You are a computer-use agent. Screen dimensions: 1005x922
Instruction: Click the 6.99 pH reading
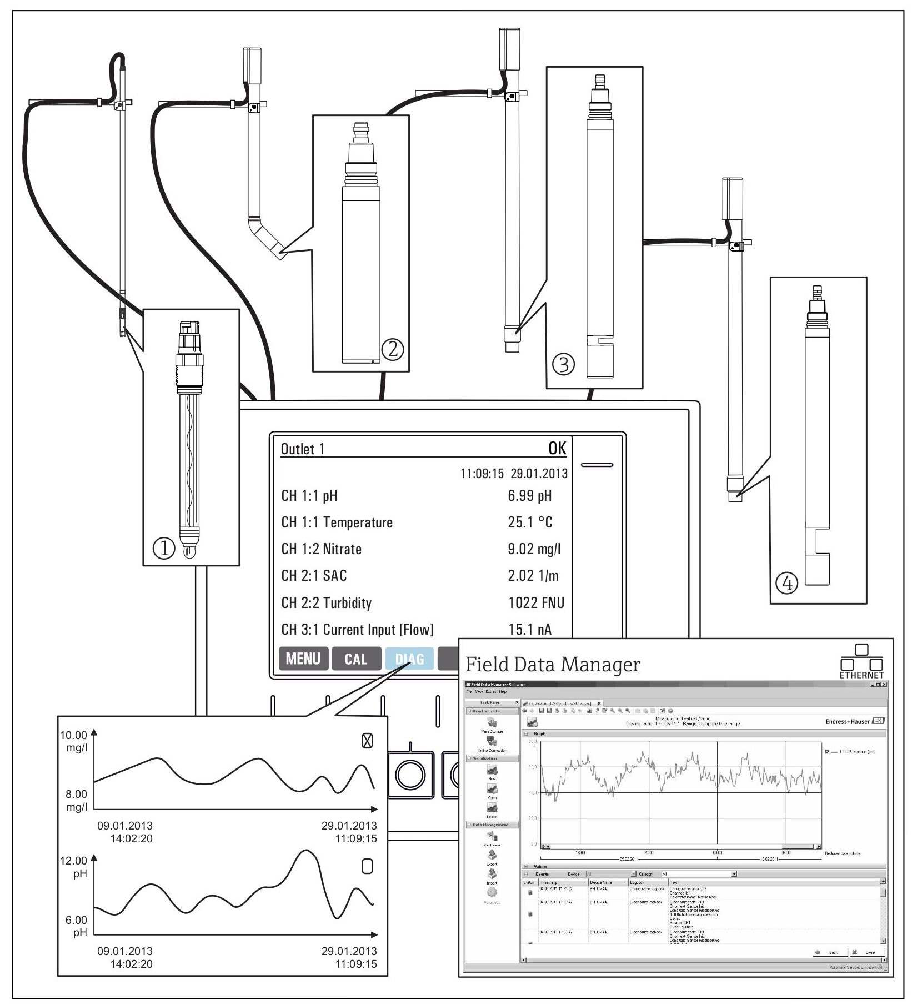click(x=529, y=495)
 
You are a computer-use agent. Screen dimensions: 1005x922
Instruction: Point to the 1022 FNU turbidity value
click(x=535, y=602)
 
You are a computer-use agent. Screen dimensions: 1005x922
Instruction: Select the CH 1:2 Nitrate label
click(x=321, y=549)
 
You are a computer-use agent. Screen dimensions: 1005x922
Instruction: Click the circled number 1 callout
click(x=163, y=549)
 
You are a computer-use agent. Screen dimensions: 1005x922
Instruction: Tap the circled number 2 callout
click(x=392, y=349)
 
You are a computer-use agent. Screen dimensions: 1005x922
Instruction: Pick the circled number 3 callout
click(x=563, y=365)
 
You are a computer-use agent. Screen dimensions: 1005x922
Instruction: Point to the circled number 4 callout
click(x=786, y=583)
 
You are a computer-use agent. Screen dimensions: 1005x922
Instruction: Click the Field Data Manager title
click(x=552, y=665)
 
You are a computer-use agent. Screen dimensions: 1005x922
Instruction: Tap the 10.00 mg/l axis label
click(x=74, y=741)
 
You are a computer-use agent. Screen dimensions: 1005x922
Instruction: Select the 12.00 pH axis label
click(x=74, y=866)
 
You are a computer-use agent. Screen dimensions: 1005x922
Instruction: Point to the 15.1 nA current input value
click(x=529, y=629)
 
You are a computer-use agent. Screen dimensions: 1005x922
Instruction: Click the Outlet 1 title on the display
click(x=302, y=449)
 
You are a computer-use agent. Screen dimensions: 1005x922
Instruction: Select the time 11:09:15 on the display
click(x=482, y=474)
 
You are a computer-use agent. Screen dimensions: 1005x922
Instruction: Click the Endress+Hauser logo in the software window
click(x=854, y=721)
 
